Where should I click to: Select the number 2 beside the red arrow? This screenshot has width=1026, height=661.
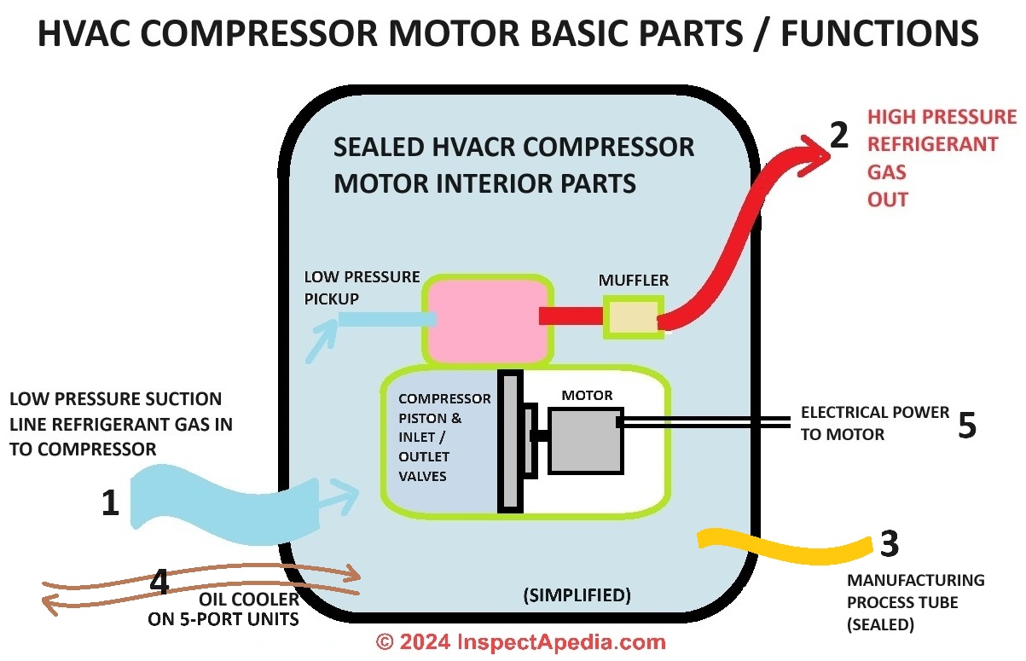tap(839, 134)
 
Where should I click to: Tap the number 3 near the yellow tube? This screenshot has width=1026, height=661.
tap(889, 543)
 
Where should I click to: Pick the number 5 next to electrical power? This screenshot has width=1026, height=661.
tap(966, 425)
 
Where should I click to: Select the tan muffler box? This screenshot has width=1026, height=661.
tap(632, 317)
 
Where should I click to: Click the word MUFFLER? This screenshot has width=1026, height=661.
tap(634, 280)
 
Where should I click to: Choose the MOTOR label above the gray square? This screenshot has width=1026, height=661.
tap(587, 395)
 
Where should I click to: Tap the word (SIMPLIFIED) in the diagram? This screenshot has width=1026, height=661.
tap(577, 595)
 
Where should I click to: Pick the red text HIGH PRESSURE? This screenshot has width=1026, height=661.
tap(942, 117)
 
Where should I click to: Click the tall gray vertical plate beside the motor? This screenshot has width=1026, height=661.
tap(510, 442)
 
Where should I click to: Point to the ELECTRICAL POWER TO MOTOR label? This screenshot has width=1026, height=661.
tap(874, 423)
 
